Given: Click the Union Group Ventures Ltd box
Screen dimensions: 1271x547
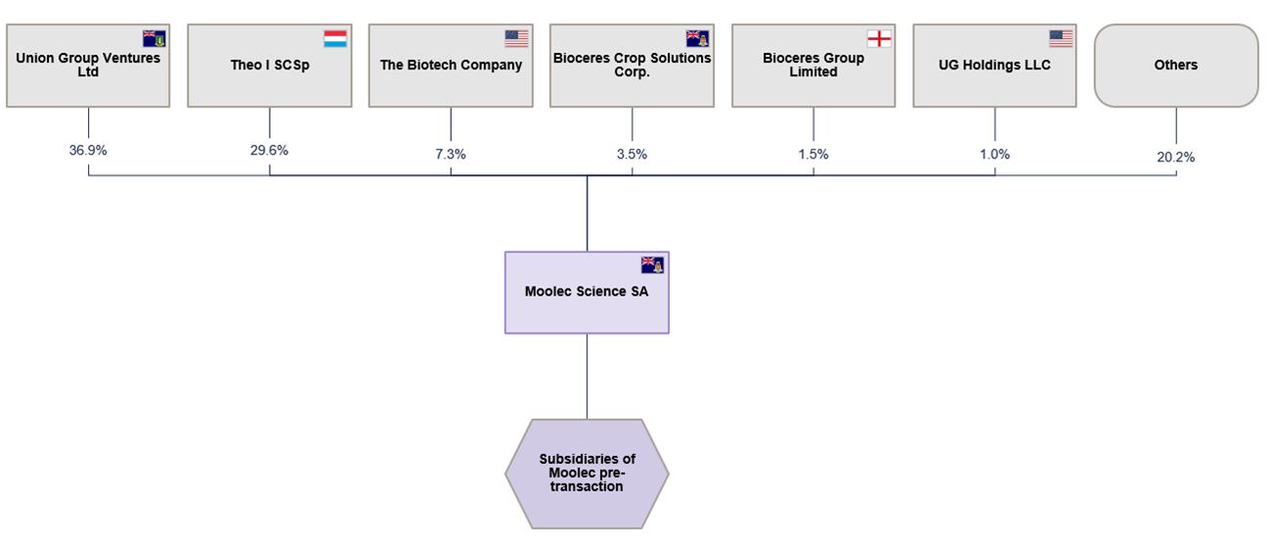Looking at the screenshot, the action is point(88,66).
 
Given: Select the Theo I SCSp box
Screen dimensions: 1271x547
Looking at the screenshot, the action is point(270,66).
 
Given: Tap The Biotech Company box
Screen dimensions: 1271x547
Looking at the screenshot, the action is point(451,66).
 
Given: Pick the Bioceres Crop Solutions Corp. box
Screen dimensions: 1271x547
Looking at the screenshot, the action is point(633,66).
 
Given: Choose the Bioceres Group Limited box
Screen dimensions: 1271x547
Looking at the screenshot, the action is point(813,66).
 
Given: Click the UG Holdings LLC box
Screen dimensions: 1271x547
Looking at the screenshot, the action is point(994,66).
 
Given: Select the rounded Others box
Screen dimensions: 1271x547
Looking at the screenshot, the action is point(1176,66).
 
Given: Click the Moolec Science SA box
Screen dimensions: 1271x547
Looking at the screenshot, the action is point(587,293).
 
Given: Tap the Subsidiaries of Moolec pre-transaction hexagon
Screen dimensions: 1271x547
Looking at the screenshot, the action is point(587,474).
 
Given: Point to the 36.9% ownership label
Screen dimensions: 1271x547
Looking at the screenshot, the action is point(88,150).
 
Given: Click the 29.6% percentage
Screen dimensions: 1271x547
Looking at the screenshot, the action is point(270,150).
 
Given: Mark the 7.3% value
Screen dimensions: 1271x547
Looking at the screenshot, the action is point(451,154).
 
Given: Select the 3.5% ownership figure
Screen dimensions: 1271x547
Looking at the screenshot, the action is point(633,154).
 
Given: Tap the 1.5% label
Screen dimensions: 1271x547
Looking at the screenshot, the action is point(813,154).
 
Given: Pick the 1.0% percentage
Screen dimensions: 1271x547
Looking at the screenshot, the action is point(994,154).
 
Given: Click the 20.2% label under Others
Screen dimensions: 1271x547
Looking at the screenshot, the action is point(1175,158).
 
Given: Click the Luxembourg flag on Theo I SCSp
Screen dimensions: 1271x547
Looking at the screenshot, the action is point(335,38).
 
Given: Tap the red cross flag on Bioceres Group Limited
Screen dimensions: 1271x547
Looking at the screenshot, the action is point(880,38).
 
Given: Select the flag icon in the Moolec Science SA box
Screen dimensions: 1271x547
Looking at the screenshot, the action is point(652,265).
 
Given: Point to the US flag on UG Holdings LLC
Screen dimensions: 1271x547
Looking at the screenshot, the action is point(1061,38).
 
